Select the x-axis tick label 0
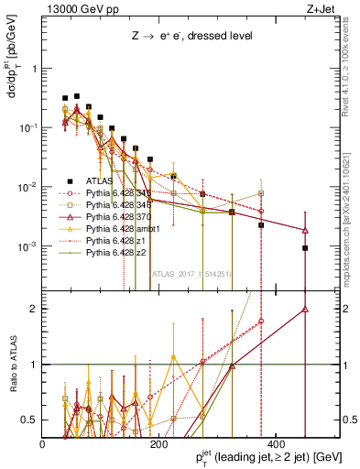click(x=42, y=444)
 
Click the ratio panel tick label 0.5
click(x=27, y=420)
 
